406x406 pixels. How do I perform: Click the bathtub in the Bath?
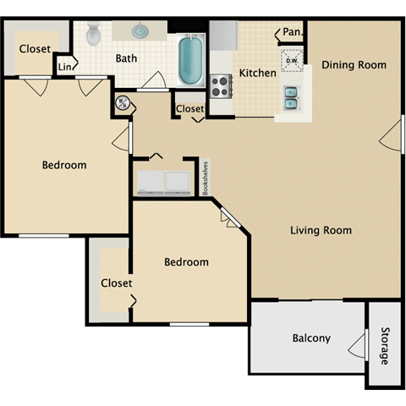(191, 57)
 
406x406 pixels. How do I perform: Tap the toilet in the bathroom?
(94, 34)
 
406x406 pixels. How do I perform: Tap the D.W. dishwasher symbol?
(291, 61)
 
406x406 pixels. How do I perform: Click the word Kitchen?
(257, 73)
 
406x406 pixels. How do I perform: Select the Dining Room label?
(354, 65)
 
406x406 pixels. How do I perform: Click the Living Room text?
(321, 230)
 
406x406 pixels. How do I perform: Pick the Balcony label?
(311, 338)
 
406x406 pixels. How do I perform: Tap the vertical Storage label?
(385, 345)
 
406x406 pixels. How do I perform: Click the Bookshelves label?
(205, 178)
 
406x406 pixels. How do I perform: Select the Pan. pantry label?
(292, 32)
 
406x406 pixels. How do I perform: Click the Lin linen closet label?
(65, 67)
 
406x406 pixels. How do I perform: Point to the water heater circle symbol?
(123, 104)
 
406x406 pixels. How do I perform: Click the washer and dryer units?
(164, 180)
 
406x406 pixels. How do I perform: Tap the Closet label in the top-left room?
(35, 48)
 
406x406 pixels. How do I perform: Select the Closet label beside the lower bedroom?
(116, 283)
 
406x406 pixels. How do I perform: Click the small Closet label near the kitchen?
(189, 109)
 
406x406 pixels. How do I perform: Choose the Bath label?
(127, 58)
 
